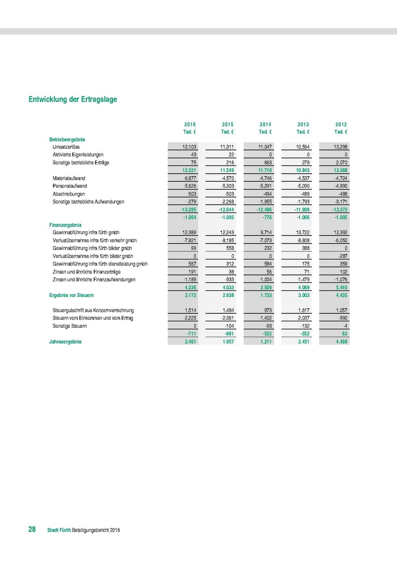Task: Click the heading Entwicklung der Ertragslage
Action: [x=73, y=99]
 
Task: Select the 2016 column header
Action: [x=190, y=125]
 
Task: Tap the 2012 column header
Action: [x=341, y=125]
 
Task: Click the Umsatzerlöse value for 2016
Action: [x=189, y=147]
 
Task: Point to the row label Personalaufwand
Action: [x=70, y=186]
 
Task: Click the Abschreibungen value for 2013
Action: [x=303, y=194]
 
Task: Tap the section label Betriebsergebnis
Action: [x=67, y=140]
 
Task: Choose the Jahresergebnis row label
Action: [x=65, y=342]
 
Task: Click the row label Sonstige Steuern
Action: [x=70, y=326]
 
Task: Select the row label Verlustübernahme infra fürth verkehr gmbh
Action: [x=95, y=241]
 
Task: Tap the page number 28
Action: [x=32, y=530]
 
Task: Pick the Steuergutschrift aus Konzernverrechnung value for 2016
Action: [x=189, y=311]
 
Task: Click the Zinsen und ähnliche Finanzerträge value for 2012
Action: [x=341, y=272]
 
